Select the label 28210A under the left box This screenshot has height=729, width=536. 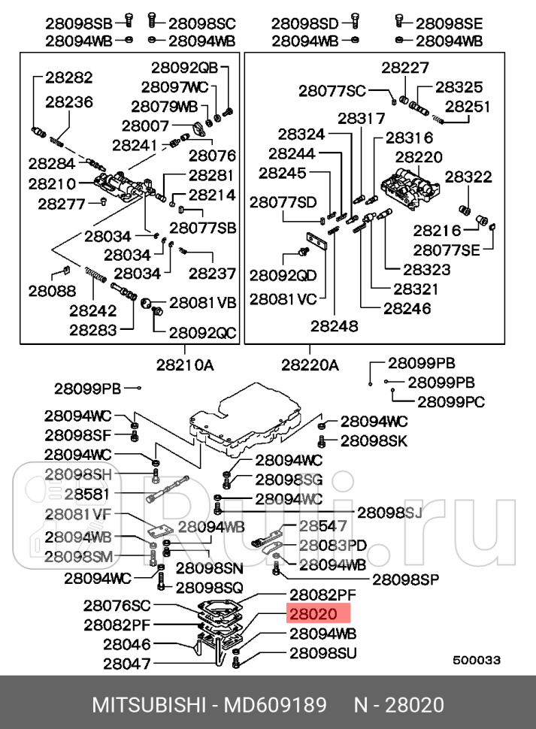[185, 365]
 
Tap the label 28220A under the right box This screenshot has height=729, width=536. [310, 365]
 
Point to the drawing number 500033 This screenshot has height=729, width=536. [476, 660]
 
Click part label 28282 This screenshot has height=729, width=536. [68, 77]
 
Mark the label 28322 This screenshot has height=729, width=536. [468, 177]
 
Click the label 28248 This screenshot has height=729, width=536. [336, 326]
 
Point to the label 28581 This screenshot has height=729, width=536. [86, 494]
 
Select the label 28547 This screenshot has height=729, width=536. [323, 526]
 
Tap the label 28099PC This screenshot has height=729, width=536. [451, 401]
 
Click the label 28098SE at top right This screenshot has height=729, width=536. [450, 23]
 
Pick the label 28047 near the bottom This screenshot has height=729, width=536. [126, 664]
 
